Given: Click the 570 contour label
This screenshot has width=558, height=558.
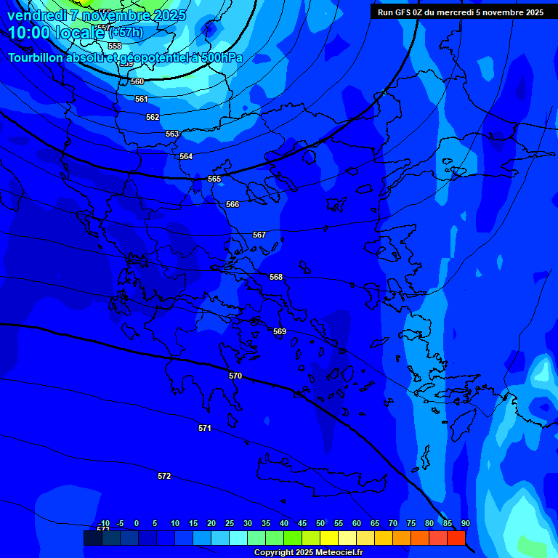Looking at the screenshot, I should point(235,376).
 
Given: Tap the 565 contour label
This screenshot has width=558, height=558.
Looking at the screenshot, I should point(214,179).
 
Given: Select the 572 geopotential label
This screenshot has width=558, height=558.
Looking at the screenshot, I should point(164,476).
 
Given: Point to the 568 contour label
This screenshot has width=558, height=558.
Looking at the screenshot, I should point(276,277).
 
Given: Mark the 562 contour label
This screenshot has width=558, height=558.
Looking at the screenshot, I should point(153,117).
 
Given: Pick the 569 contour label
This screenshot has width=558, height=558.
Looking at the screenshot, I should point(280,331).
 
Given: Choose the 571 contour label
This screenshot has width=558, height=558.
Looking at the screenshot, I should point(205,428).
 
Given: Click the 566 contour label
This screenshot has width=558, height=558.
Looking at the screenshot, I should point(232,204).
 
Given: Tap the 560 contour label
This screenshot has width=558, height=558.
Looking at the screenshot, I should point(137,81).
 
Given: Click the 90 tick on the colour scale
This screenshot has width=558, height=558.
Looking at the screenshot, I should point(465,523).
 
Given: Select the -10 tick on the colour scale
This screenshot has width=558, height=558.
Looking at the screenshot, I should point(104,523).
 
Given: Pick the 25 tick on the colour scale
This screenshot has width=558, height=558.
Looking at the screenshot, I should point(230,523).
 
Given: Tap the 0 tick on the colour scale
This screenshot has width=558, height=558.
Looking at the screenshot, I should point(137,523).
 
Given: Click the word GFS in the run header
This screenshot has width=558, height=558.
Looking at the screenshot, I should point(407,12).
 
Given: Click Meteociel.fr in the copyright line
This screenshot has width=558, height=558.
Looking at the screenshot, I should point(337,553).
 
